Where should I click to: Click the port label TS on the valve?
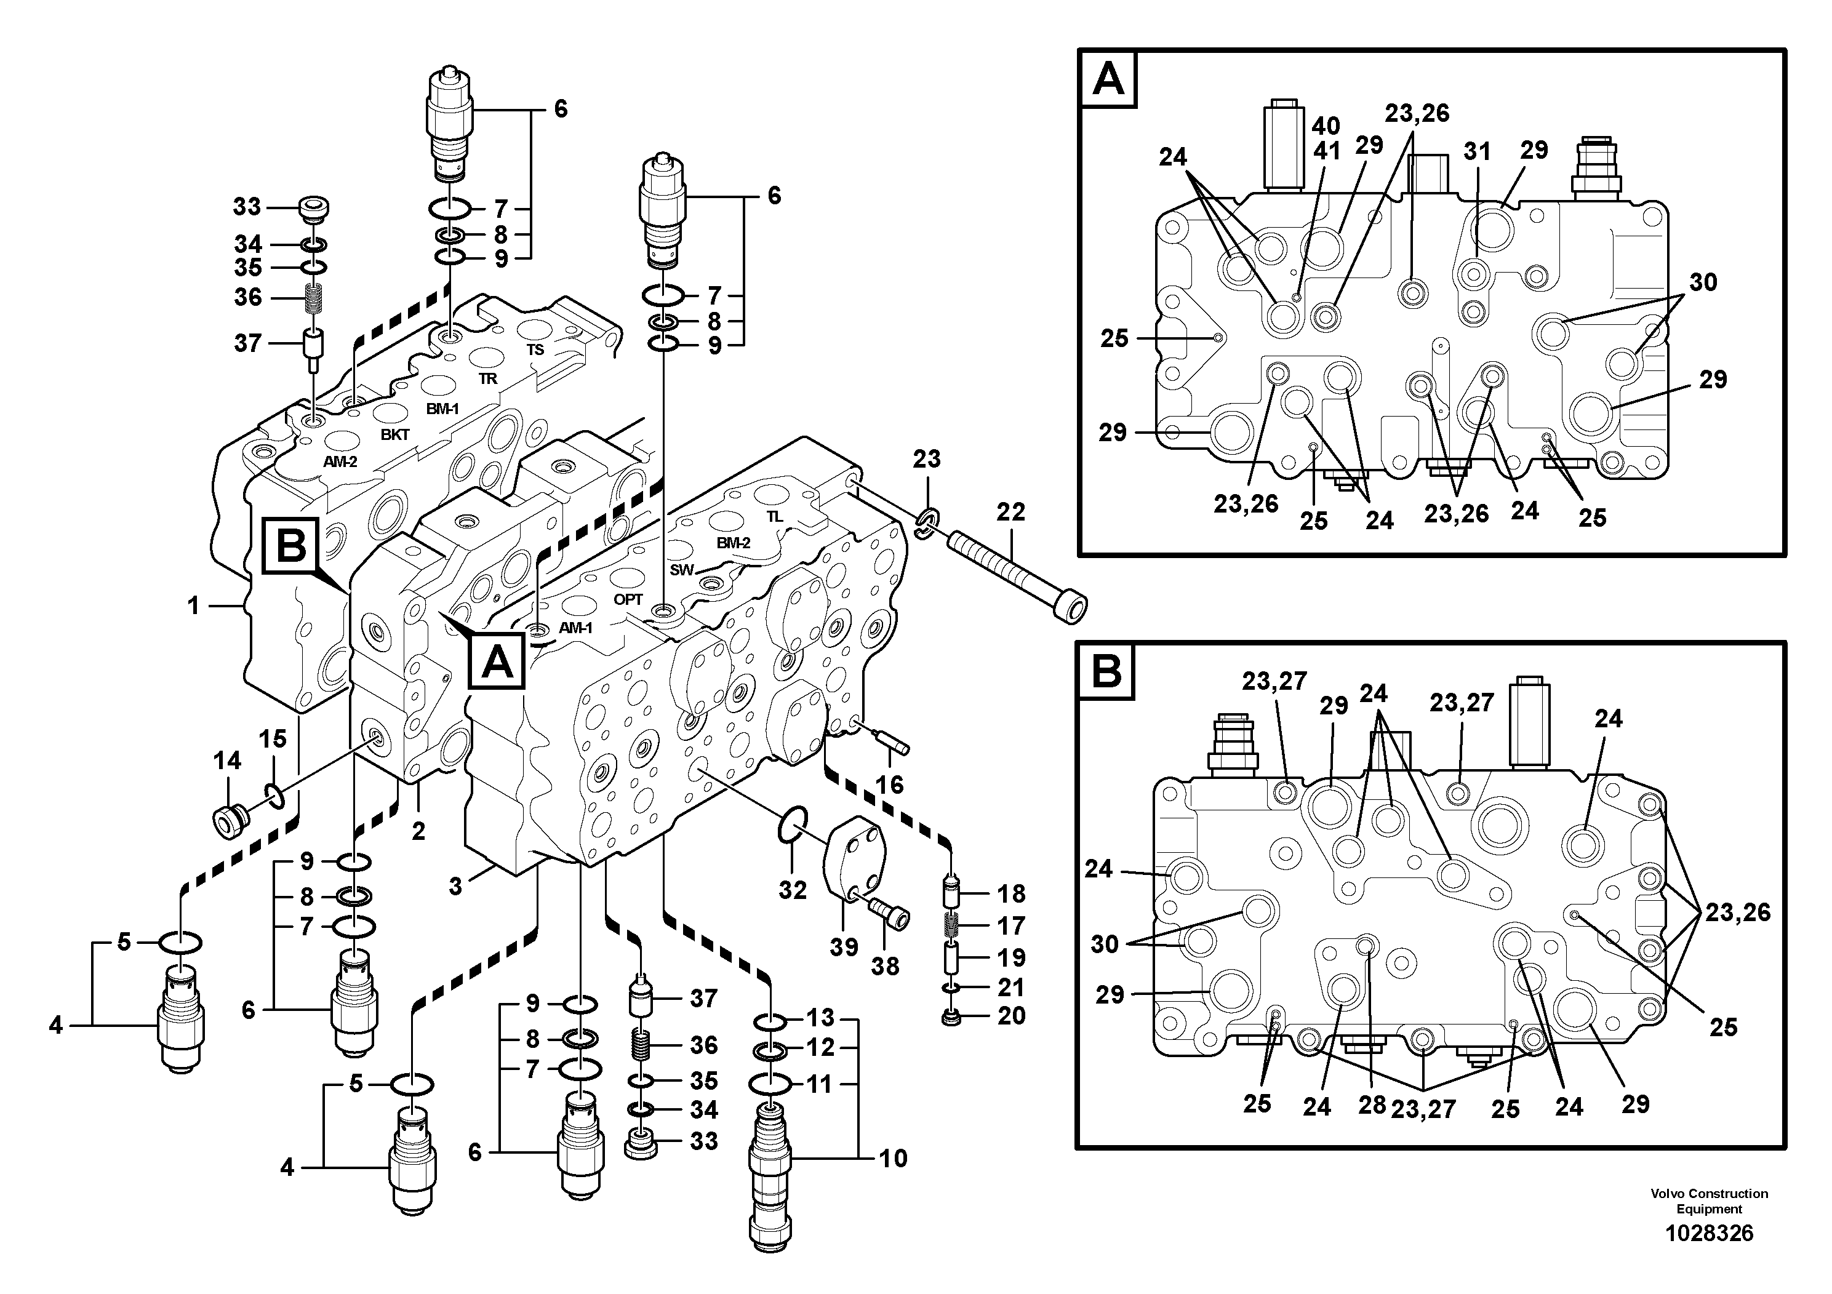(535, 349)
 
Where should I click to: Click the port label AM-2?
(340, 461)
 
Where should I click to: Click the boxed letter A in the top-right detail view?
(1108, 80)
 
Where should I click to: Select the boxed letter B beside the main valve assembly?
(290, 547)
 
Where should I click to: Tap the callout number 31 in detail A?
(1477, 151)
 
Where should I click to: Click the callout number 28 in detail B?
(1372, 1106)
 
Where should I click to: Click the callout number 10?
(894, 1159)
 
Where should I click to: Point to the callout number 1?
(193, 606)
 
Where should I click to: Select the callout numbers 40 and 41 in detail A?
(1326, 138)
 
